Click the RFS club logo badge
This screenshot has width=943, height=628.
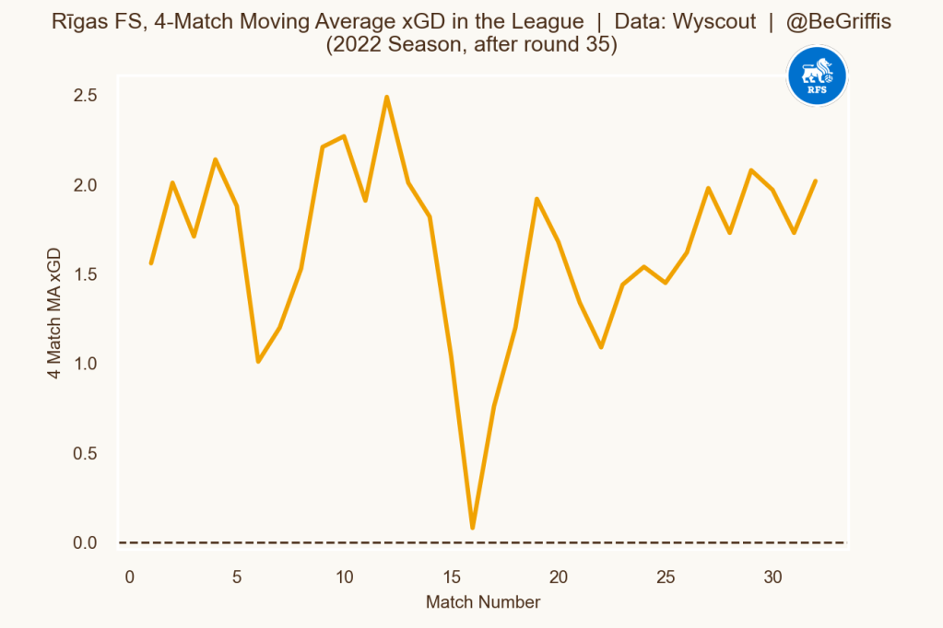pos(817,76)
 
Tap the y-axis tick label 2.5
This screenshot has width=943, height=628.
pos(86,96)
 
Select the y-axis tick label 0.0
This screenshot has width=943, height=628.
pos(86,543)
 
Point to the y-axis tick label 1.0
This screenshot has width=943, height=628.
pos(86,365)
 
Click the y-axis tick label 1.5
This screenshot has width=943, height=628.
pos(86,275)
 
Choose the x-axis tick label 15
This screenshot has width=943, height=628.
pos(452,577)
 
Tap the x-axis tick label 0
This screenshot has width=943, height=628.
pos(130,577)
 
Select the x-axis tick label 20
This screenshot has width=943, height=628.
pos(559,577)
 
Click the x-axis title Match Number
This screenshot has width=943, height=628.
pos(482,603)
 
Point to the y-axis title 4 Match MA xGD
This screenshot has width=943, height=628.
pos(54,313)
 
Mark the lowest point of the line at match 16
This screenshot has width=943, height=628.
pos(473,528)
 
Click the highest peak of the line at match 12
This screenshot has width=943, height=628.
pos(387,97)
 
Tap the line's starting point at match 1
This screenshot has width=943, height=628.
pos(151,263)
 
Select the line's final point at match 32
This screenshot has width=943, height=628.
pos(816,181)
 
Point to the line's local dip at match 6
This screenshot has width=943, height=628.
pos(258,361)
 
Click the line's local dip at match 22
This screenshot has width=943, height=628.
pos(601,347)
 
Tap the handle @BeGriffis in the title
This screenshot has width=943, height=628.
pos(839,22)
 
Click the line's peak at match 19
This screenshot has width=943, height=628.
pos(536,199)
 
